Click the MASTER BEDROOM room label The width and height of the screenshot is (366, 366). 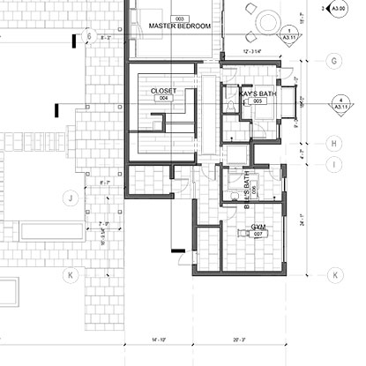tap(180, 26)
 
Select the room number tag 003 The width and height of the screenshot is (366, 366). tap(180, 18)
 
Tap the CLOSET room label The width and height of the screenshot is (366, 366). tap(164, 91)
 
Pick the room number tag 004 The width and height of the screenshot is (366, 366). tap(162, 100)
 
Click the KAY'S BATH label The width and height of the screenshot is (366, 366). tap(258, 92)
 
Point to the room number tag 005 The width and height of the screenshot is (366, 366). tap(258, 101)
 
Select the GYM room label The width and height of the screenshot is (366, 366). tap(258, 226)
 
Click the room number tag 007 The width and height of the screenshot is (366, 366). tap(258, 235)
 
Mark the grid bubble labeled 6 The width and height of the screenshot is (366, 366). tap(87, 36)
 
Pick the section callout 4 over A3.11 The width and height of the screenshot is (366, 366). tap(340, 103)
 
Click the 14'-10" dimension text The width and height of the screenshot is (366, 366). tap(158, 339)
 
